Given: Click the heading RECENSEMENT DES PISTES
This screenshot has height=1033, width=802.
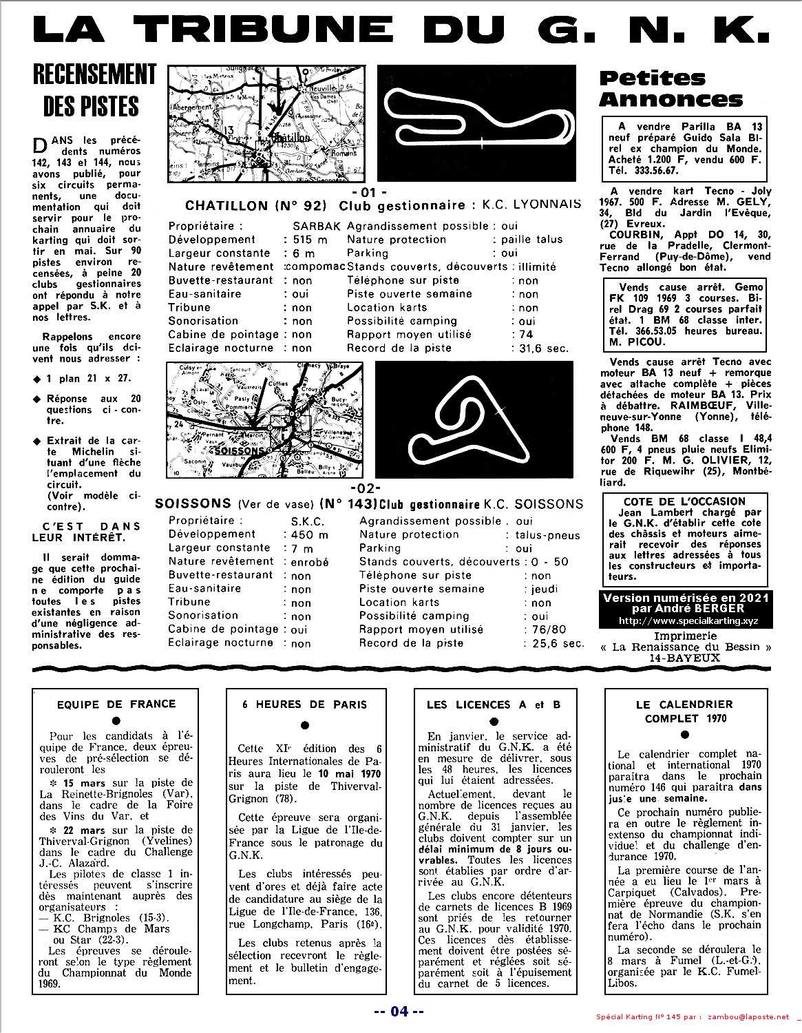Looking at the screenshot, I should tap(95, 90).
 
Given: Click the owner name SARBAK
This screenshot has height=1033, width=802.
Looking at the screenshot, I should tap(317, 226).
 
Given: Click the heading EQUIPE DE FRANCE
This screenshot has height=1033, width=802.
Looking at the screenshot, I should tap(116, 704).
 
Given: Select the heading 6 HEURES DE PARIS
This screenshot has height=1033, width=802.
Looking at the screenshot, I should tap(304, 705).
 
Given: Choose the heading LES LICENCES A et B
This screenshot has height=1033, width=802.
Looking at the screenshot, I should tap(493, 705).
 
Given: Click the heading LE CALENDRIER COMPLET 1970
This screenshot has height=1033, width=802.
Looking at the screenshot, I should tap(684, 711).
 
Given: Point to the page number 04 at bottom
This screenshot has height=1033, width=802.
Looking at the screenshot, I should tap(399, 1011).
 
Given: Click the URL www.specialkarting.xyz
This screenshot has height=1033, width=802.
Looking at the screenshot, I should tap(686, 620).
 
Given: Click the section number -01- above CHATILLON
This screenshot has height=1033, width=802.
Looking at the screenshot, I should tap(369, 191).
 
